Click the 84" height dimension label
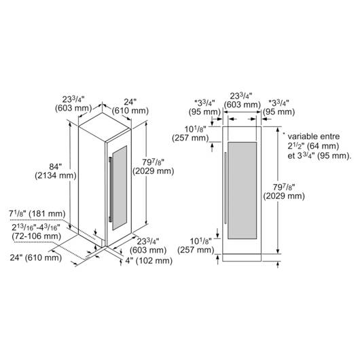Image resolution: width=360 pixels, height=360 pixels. (x=55, y=166)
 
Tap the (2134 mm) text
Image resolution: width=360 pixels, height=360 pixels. (x=56, y=176)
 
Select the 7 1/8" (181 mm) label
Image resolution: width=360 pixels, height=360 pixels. (x=37, y=214)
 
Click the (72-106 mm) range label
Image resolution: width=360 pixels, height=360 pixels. (x=37, y=236)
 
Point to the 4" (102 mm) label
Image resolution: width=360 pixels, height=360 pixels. (x=149, y=261)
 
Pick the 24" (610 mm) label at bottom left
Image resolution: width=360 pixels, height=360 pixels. (x=36, y=257)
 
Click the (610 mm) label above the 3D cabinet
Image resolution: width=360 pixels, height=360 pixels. (x=130, y=111)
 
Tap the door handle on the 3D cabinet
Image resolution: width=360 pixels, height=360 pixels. (x=111, y=190)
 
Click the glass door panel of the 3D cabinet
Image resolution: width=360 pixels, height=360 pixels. (x=120, y=187)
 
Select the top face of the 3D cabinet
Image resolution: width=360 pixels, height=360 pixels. (x=105, y=127)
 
